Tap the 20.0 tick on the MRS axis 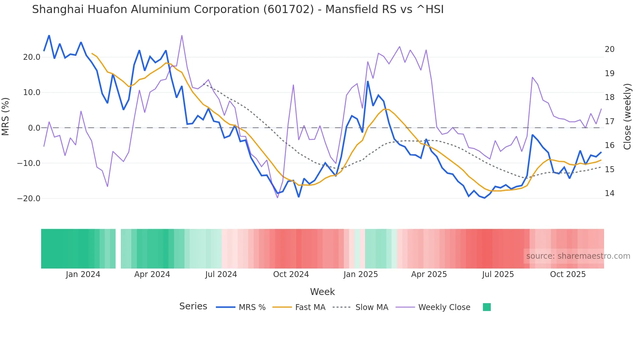pos(31,57)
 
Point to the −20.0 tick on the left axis pos(29,199)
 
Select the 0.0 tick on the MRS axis pos(34,128)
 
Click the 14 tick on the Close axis pos(609,193)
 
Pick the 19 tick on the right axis pos(609,74)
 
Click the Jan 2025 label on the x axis pos(360,274)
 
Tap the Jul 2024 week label pos(221,274)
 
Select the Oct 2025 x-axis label pos(568,274)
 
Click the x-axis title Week pos(322,292)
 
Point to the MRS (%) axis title pos(6,116)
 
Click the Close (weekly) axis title pos(627,117)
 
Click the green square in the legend pos(487,307)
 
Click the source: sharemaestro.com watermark pos(578,256)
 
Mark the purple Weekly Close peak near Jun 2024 pos(182,36)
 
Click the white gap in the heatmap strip pos(118,249)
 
